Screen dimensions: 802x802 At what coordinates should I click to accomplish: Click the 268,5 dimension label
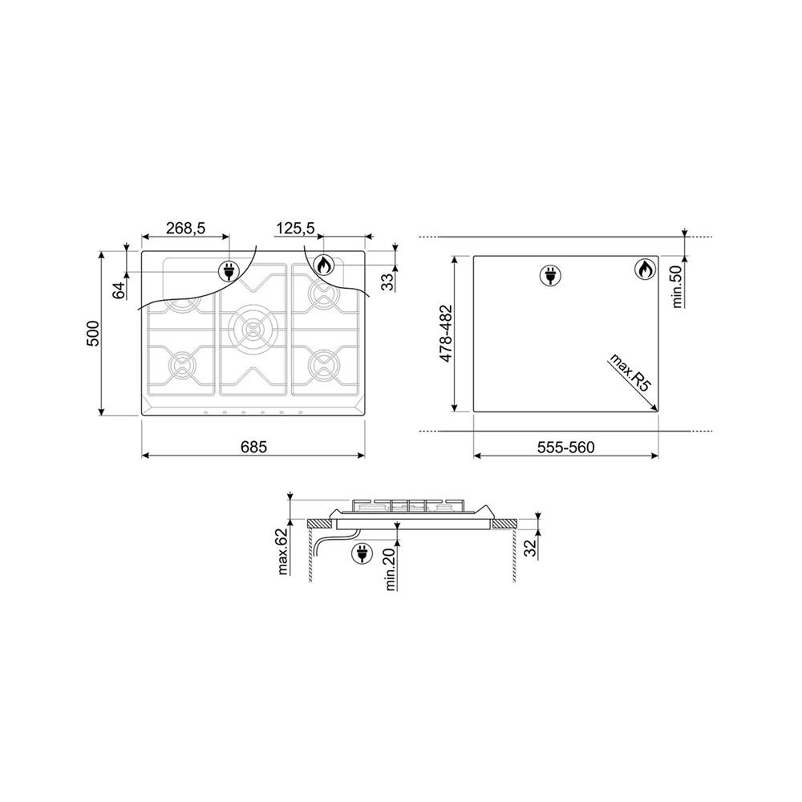pyautogui.click(x=185, y=228)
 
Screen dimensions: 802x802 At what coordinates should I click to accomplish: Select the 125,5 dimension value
pyautogui.click(x=295, y=228)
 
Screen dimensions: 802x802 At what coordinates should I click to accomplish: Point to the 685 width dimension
pyautogui.click(x=253, y=447)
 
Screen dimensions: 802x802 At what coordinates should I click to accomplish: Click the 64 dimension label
pyautogui.click(x=119, y=290)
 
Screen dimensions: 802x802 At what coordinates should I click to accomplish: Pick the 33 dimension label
pyautogui.click(x=389, y=282)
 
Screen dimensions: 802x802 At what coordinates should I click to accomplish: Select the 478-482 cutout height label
pyautogui.click(x=447, y=334)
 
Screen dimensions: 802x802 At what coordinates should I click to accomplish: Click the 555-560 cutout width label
pyautogui.click(x=565, y=448)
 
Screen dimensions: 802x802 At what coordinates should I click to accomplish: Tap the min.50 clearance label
pyautogui.click(x=678, y=286)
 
